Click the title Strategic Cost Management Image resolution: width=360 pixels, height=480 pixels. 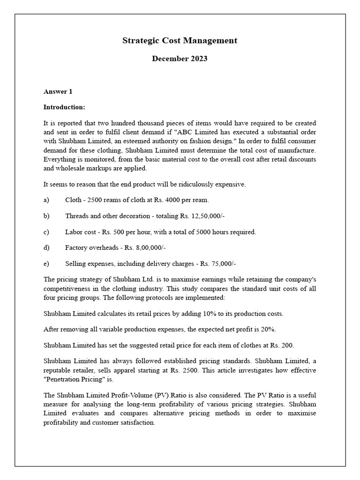(x=180, y=41)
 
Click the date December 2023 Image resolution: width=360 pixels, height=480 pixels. (x=180, y=59)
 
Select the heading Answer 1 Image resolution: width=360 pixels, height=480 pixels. (x=58, y=91)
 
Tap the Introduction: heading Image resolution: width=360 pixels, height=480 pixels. (x=64, y=107)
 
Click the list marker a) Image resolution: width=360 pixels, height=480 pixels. (x=46, y=200)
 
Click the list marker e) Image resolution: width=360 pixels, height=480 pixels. (x=46, y=263)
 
